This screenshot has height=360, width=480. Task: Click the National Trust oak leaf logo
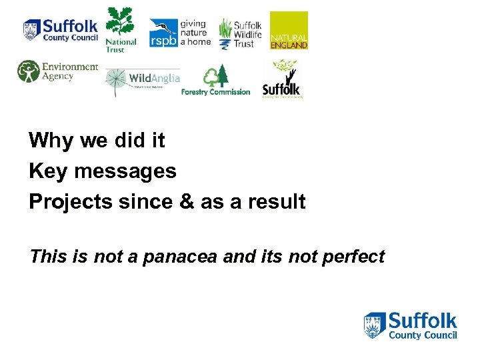(x=120, y=23)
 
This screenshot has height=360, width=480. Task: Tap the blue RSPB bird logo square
(x=163, y=33)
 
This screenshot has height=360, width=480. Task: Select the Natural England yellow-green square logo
(x=289, y=30)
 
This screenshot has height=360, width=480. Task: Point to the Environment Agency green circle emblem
(x=29, y=71)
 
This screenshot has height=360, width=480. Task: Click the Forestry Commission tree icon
(x=215, y=76)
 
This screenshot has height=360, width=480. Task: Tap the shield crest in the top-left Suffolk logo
(x=31, y=30)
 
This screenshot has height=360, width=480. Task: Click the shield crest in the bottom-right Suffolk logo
(x=375, y=325)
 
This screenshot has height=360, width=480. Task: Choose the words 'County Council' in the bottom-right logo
(x=423, y=335)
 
